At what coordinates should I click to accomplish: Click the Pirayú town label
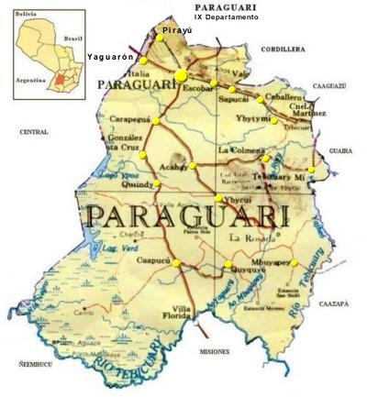pos(177,30)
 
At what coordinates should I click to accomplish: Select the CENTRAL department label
pos(33,132)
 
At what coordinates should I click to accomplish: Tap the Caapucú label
pos(151,261)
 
